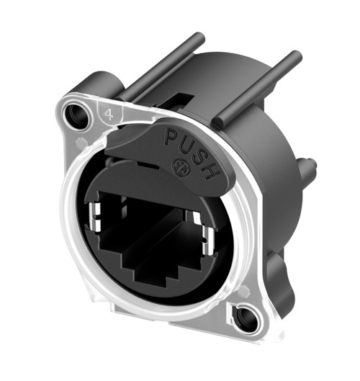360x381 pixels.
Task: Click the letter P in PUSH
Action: click(x=171, y=137)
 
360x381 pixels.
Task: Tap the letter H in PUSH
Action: click(x=212, y=172)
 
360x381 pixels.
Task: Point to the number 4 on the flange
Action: click(x=108, y=115)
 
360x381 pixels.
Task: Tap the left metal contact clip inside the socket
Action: click(x=95, y=217)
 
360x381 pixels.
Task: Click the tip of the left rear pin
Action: click(x=200, y=37)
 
